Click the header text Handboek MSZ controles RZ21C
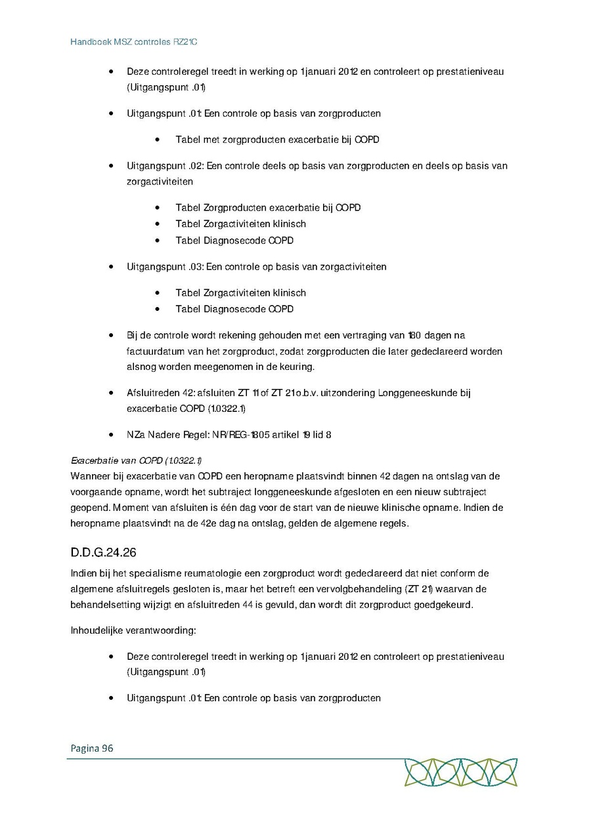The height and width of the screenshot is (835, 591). (x=134, y=42)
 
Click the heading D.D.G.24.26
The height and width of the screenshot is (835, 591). (x=103, y=552)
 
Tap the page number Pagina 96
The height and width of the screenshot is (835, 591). (x=91, y=748)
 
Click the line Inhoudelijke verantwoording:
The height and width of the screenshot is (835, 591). (x=133, y=630)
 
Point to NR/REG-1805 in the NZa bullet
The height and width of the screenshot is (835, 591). (x=234, y=434)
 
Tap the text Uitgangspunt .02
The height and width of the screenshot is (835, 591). (x=162, y=166)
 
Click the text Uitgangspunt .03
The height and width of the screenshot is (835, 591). (x=162, y=266)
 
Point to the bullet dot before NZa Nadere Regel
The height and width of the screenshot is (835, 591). (x=112, y=434)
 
